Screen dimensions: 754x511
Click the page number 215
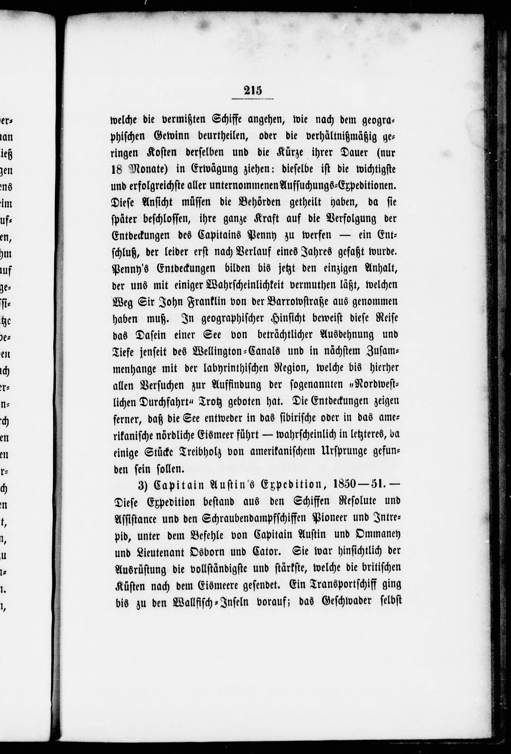point(253,90)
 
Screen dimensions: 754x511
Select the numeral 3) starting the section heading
point(144,485)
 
